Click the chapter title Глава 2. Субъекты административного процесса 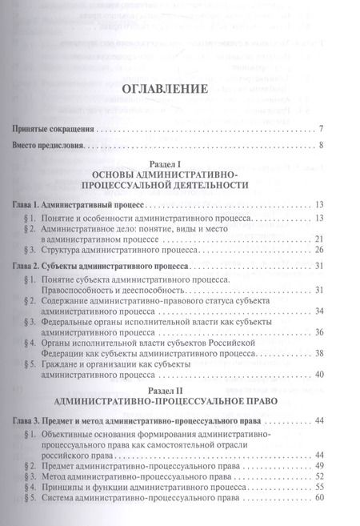tap(101, 267)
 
